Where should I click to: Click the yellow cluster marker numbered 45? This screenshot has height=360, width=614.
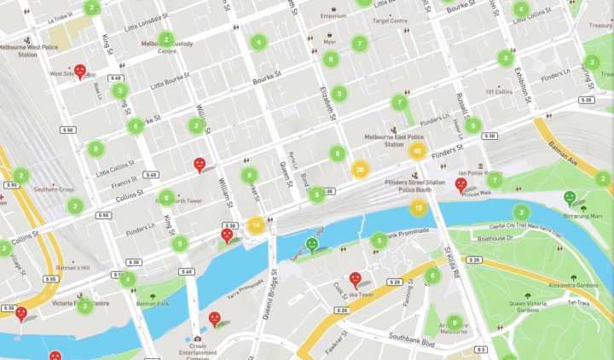tap(417, 151)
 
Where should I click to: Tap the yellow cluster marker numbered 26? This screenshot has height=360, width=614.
tap(361, 169)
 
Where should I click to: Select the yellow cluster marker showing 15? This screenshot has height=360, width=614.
tap(419, 207)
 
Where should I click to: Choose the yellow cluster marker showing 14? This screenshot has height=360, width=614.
tap(255, 226)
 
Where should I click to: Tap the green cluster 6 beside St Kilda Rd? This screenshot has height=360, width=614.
tap(432, 276)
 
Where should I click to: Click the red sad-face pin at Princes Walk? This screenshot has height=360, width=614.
tap(461, 183)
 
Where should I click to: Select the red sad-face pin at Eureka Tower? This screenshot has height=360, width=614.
tap(355, 278)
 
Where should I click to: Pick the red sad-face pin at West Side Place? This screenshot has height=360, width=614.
tap(80, 70)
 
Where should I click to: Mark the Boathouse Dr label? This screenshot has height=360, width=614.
tap(495, 238)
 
